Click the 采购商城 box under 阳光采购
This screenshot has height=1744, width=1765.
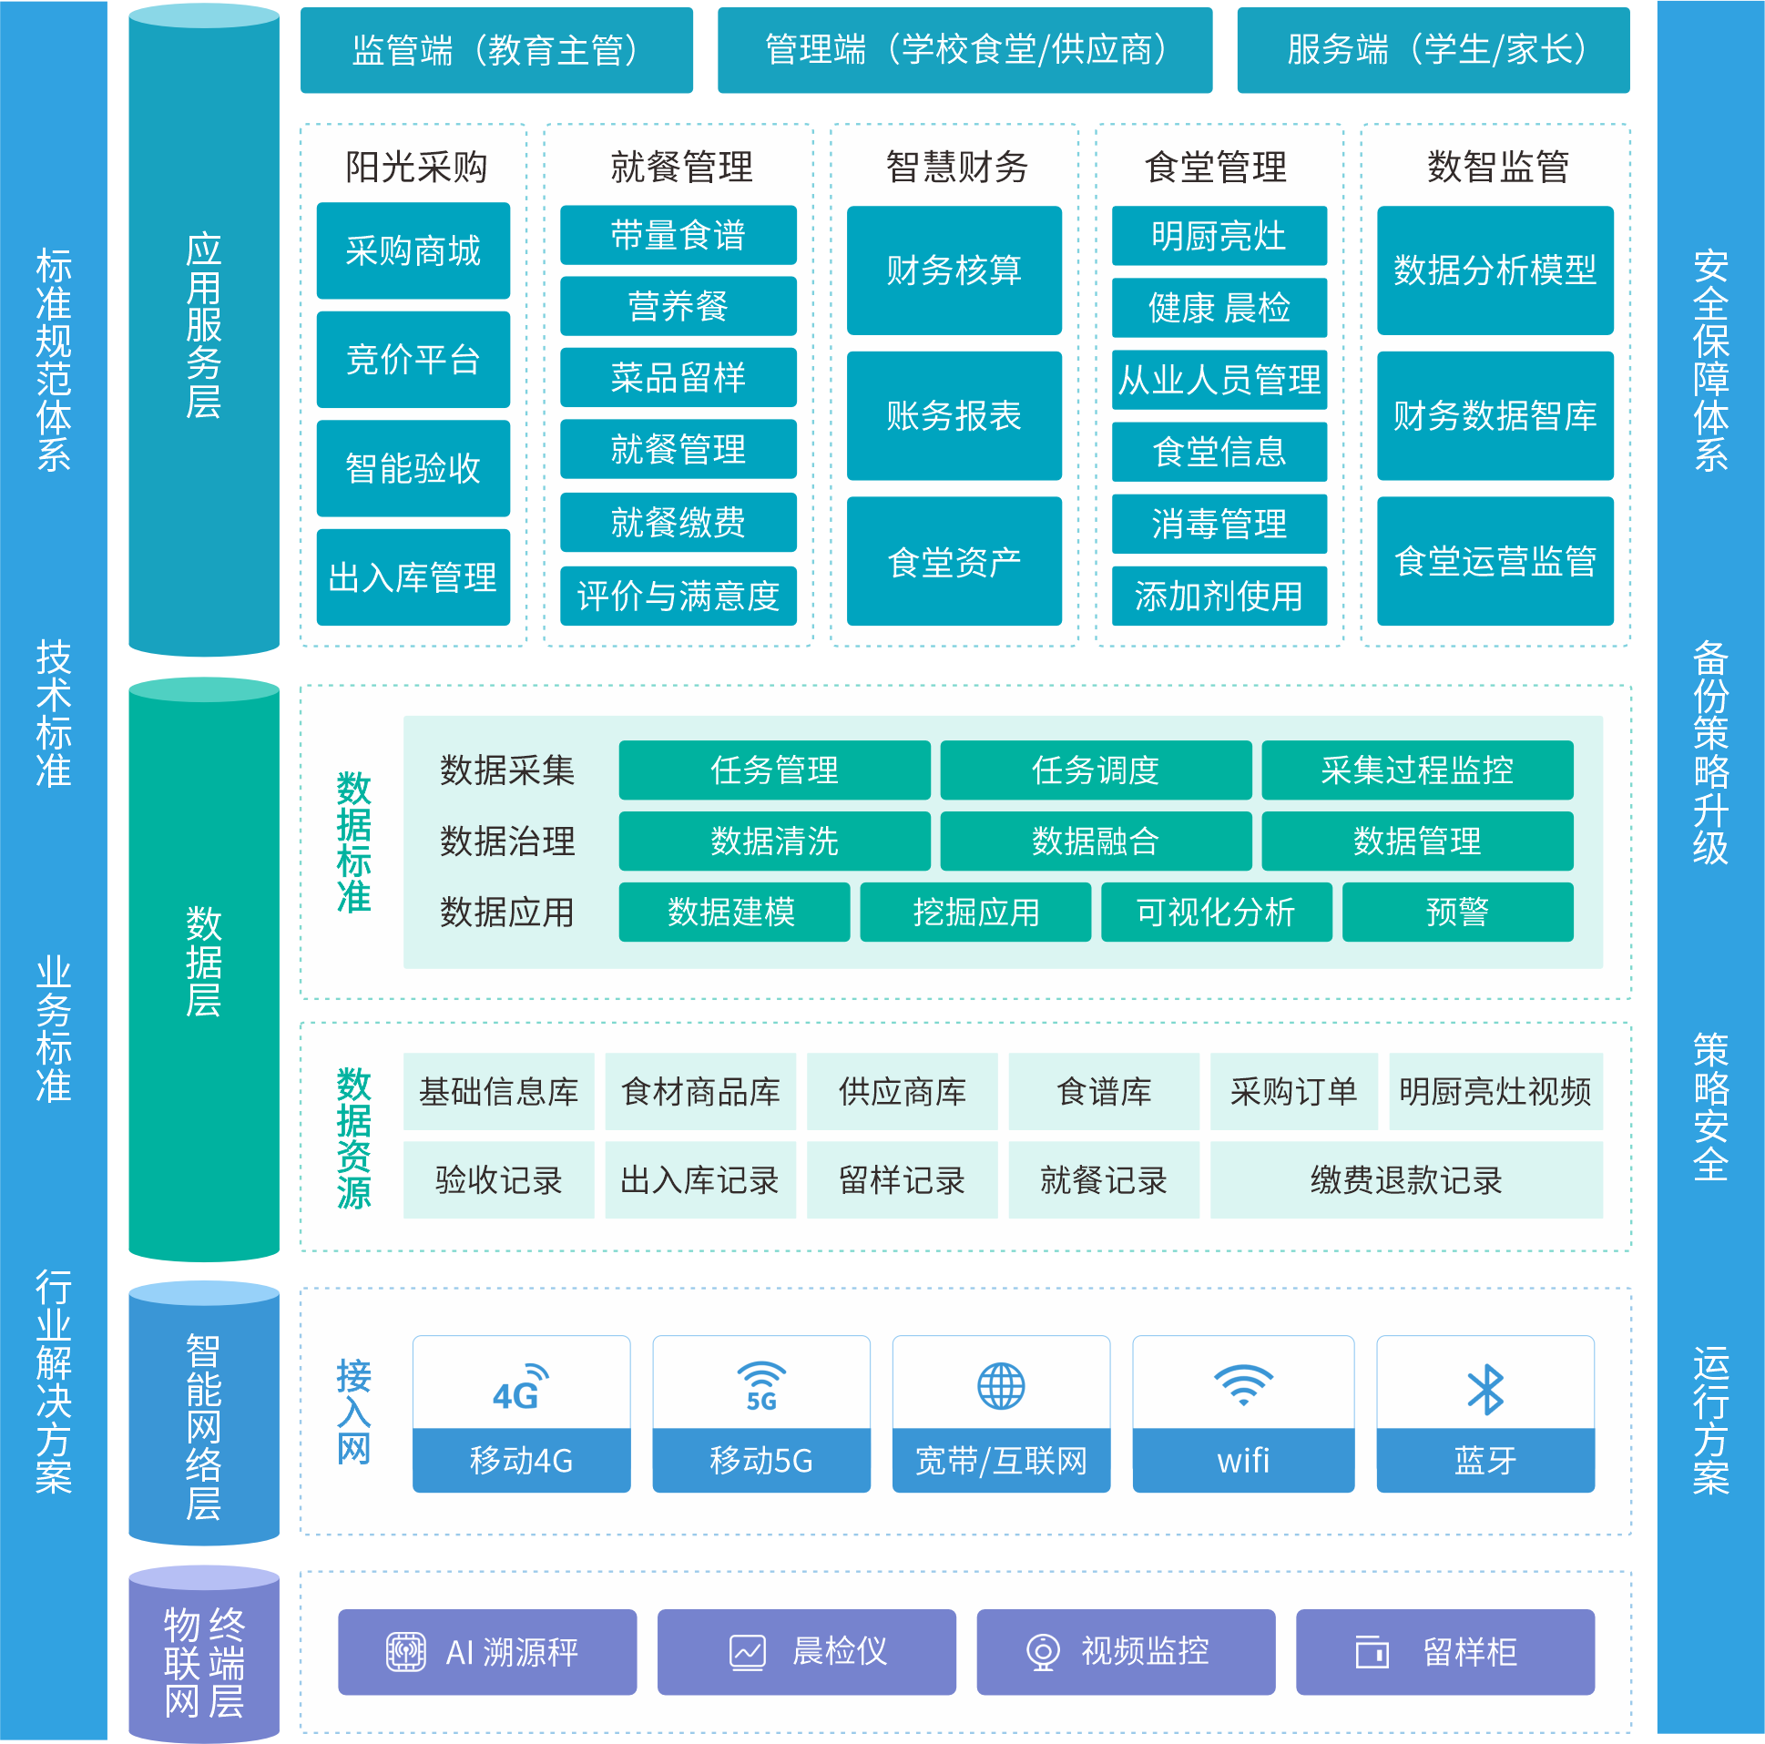(x=413, y=250)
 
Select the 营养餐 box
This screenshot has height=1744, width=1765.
(x=678, y=306)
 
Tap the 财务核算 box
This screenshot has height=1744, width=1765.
(x=954, y=270)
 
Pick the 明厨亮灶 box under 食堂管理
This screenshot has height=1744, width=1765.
(x=1219, y=236)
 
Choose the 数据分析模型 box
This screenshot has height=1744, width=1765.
(x=1495, y=270)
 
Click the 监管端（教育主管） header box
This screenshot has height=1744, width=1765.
(x=496, y=50)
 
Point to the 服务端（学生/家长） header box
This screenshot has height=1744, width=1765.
(x=1433, y=50)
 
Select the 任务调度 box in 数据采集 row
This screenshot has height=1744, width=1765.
(x=1096, y=770)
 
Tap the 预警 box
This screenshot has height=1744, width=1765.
(x=1457, y=912)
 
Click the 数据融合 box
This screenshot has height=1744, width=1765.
(x=1096, y=841)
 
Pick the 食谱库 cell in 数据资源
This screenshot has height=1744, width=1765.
(x=1104, y=1092)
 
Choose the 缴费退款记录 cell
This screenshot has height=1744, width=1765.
(x=1406, y=1180)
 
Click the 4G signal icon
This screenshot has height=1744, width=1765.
(x=520, y=1388)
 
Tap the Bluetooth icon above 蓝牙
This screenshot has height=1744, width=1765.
(x=1485, y=1390)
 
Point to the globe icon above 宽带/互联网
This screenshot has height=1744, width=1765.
(x=1001, y=1387)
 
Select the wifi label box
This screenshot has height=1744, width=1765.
(x=1243, y=1460)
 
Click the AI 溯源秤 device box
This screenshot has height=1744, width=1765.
(x=487, y=1652)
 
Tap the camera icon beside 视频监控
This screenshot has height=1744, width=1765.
(x=1043, y=1652)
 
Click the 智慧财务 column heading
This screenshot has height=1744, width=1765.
(x=956, y=168)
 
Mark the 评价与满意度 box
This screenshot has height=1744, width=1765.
(x=678, y=597)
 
